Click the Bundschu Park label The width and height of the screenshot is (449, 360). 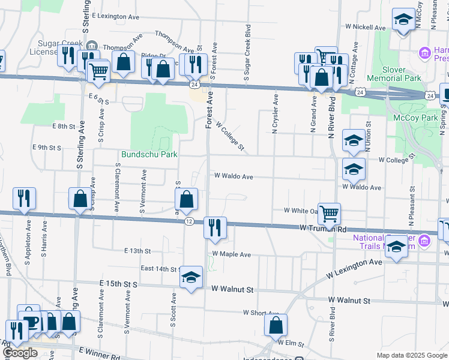pos(149,155)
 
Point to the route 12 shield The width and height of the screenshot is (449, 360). pos(189,221)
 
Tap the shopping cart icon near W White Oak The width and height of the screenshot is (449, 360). pos(329,214)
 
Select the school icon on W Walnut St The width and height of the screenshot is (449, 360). pos(191,277)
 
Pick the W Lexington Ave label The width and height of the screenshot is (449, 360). pos(354,269)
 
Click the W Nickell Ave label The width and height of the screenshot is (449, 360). pos(366,28)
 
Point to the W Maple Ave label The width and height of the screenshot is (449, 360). pos(231,254)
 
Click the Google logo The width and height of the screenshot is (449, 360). pos(20,353)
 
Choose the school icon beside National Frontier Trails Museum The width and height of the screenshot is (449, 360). pos(396,247)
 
